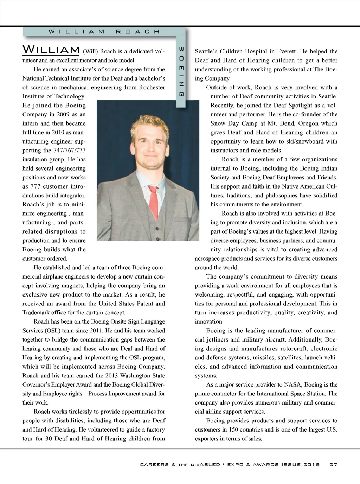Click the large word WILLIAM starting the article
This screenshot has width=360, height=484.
pos(51,50)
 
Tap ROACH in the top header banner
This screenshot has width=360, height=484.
pos(138,31)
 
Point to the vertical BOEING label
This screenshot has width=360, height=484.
pos(181,71)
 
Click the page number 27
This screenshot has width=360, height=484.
pos(333,464)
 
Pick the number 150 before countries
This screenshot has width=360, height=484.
pos(234,429)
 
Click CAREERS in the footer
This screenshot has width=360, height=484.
pos(154,464)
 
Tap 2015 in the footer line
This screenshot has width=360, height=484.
pos(312,464)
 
